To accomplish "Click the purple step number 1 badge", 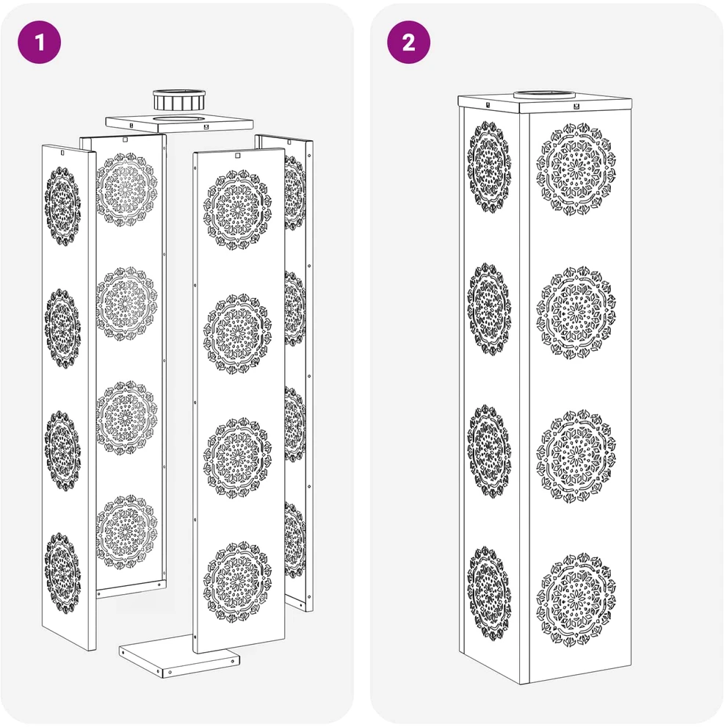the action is point(40,42).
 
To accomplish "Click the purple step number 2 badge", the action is point(408,42).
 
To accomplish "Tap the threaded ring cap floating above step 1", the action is point(179,99).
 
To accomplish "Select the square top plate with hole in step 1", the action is point(179,123).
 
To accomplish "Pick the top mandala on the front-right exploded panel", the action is point(237,209).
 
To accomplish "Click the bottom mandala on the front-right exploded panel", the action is point(237,581).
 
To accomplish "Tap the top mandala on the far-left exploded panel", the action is point(62,206).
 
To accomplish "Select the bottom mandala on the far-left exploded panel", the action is point(62,573).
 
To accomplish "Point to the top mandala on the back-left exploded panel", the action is point(126,189).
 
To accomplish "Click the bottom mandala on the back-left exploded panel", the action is point(126,532).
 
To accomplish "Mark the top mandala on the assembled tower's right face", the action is point(576,169).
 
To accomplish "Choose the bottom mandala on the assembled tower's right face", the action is point(576,599).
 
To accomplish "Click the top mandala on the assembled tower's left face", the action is point(490,167).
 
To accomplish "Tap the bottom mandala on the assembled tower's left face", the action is point(490,593).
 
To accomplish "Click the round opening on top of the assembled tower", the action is point(545,95).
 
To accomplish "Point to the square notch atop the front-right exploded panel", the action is point(238,156).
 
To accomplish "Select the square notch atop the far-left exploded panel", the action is point(62,152).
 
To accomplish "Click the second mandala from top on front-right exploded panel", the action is point(237,334).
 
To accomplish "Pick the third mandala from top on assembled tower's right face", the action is point(576,456).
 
